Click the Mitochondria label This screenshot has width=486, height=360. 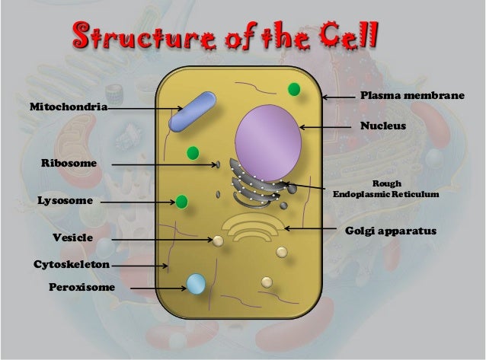[x=68, y=108]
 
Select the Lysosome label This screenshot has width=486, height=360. [x=65, y=201]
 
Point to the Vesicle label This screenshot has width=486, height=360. [x=72, y=238]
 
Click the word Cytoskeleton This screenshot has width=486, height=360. [x=72, y=264]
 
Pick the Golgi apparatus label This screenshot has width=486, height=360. [x=392, y=229]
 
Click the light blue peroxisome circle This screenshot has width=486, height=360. [x=197, y=284]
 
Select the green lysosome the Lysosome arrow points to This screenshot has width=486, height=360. [x=181, y=202]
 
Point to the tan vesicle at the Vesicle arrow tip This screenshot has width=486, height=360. [x=219, y=241]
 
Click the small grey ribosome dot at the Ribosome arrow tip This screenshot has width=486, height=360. [x=218, y=164]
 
